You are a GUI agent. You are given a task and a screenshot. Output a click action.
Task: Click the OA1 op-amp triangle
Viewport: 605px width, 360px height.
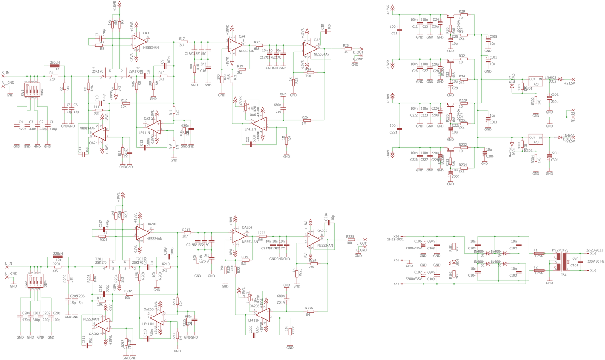[x=140, y=42]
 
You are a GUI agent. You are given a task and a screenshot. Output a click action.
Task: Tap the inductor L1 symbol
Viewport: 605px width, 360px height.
[x=54, y=67]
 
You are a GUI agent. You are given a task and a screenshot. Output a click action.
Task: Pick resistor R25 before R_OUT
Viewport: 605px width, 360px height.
[x=346, y=49]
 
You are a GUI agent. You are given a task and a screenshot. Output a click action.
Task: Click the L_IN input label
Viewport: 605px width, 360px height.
[x=8, y=263]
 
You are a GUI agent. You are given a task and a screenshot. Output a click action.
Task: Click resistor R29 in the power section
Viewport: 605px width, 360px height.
[x=463, y=15]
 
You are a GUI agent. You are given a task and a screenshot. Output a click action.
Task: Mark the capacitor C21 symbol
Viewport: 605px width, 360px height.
[x=399, y=30]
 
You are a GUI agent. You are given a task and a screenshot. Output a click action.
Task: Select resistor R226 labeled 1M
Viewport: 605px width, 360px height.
[x=310, y=311]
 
